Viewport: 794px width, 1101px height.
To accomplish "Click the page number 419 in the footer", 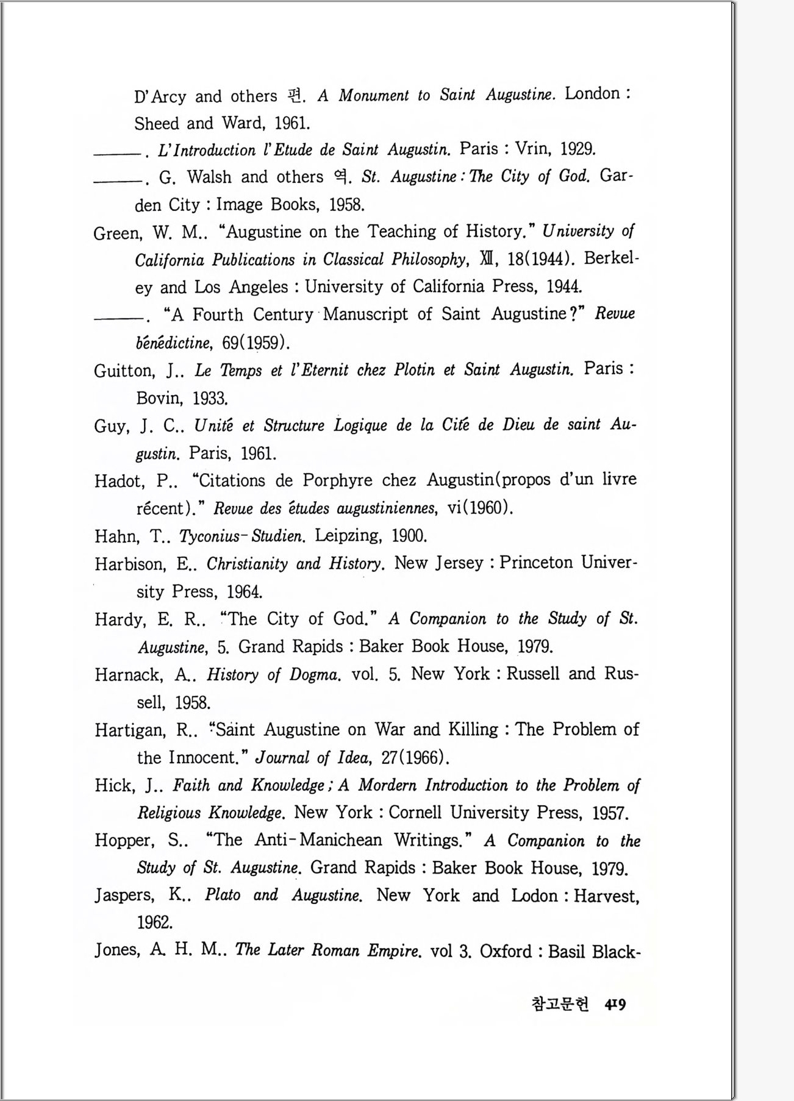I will coord(615,1004).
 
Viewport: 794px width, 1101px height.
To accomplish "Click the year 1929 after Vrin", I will coord(577,149).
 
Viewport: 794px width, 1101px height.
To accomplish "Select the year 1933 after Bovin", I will coord(210,399).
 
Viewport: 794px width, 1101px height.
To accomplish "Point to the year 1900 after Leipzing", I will coord(409,536).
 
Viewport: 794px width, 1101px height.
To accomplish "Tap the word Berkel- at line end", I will coord(611,258).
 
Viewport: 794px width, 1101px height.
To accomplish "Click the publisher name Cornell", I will coord(415,813).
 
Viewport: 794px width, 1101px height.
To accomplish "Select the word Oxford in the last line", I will coord(506,952).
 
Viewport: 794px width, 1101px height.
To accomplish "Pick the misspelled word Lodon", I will coord(534,896).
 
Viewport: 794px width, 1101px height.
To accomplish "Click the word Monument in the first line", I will coord(373,96).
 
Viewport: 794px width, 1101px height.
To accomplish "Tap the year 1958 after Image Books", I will coord(346,205).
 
